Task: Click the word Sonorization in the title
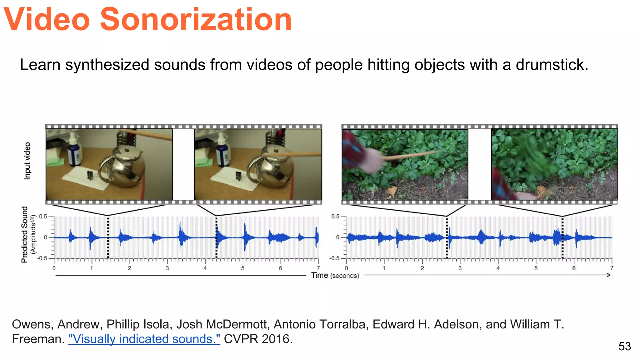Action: pyautogui.click(x=196, y=19)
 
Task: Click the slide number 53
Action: pyautogui.click(x=624, y=347)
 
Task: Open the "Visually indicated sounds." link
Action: pyautogui.click(x=144, y=339)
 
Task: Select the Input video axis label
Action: pyautogui.click(x=27, y=161)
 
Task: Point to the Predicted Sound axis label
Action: pyautogui.click(x=25, y=234)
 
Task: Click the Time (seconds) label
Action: pyautogui.click(x=335, y=275)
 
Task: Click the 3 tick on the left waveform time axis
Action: pyautogui.click(x=167, y=268)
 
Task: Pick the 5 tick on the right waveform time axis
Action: pyautogui.click(x=536, y=268)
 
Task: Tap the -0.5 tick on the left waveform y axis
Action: pyautogui.click(x=42, y=258)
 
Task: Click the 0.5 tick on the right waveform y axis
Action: pyautogui.click(x=335, y=216)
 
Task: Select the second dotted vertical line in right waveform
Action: pyautogui.click(x=562, y=237)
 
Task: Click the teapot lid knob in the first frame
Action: pyautogui.click(x=127, y=149)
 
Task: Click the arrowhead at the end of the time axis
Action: pyautogui.click(x=608, y=275)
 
